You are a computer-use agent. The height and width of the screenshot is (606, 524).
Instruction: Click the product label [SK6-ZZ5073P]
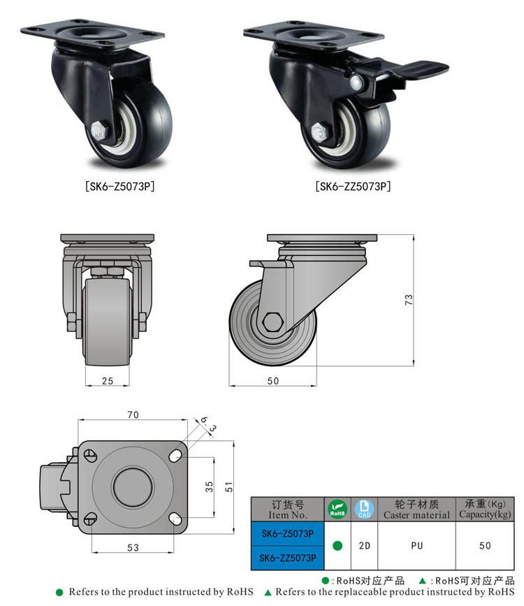pyautogui.click(x=353, y=187)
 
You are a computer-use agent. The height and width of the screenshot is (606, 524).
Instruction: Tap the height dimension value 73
pyautogui.click(x=409, y=300)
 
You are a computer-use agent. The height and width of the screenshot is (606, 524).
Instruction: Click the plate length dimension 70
pyautogui.click(x=133, y=414)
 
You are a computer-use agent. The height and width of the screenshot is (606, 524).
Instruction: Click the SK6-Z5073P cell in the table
pyautogui.click(x=287, y=533)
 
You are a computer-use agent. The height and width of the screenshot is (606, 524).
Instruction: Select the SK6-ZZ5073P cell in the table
pyautogui.click(x=287, y=557)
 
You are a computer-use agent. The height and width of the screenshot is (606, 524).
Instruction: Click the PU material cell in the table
pyautogui.click(x=416, y=545)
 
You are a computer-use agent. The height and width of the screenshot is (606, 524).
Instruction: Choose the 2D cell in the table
pyautogui.click(x=364, y=545)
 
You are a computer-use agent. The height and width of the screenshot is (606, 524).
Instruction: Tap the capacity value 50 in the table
pyautogui.click(x=485, y=545)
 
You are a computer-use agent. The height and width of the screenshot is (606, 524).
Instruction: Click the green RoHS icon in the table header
pyautogui.click(x=337, y=509)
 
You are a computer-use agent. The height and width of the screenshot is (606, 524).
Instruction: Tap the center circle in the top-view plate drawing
pyautogui.click(x=132, y=484)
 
